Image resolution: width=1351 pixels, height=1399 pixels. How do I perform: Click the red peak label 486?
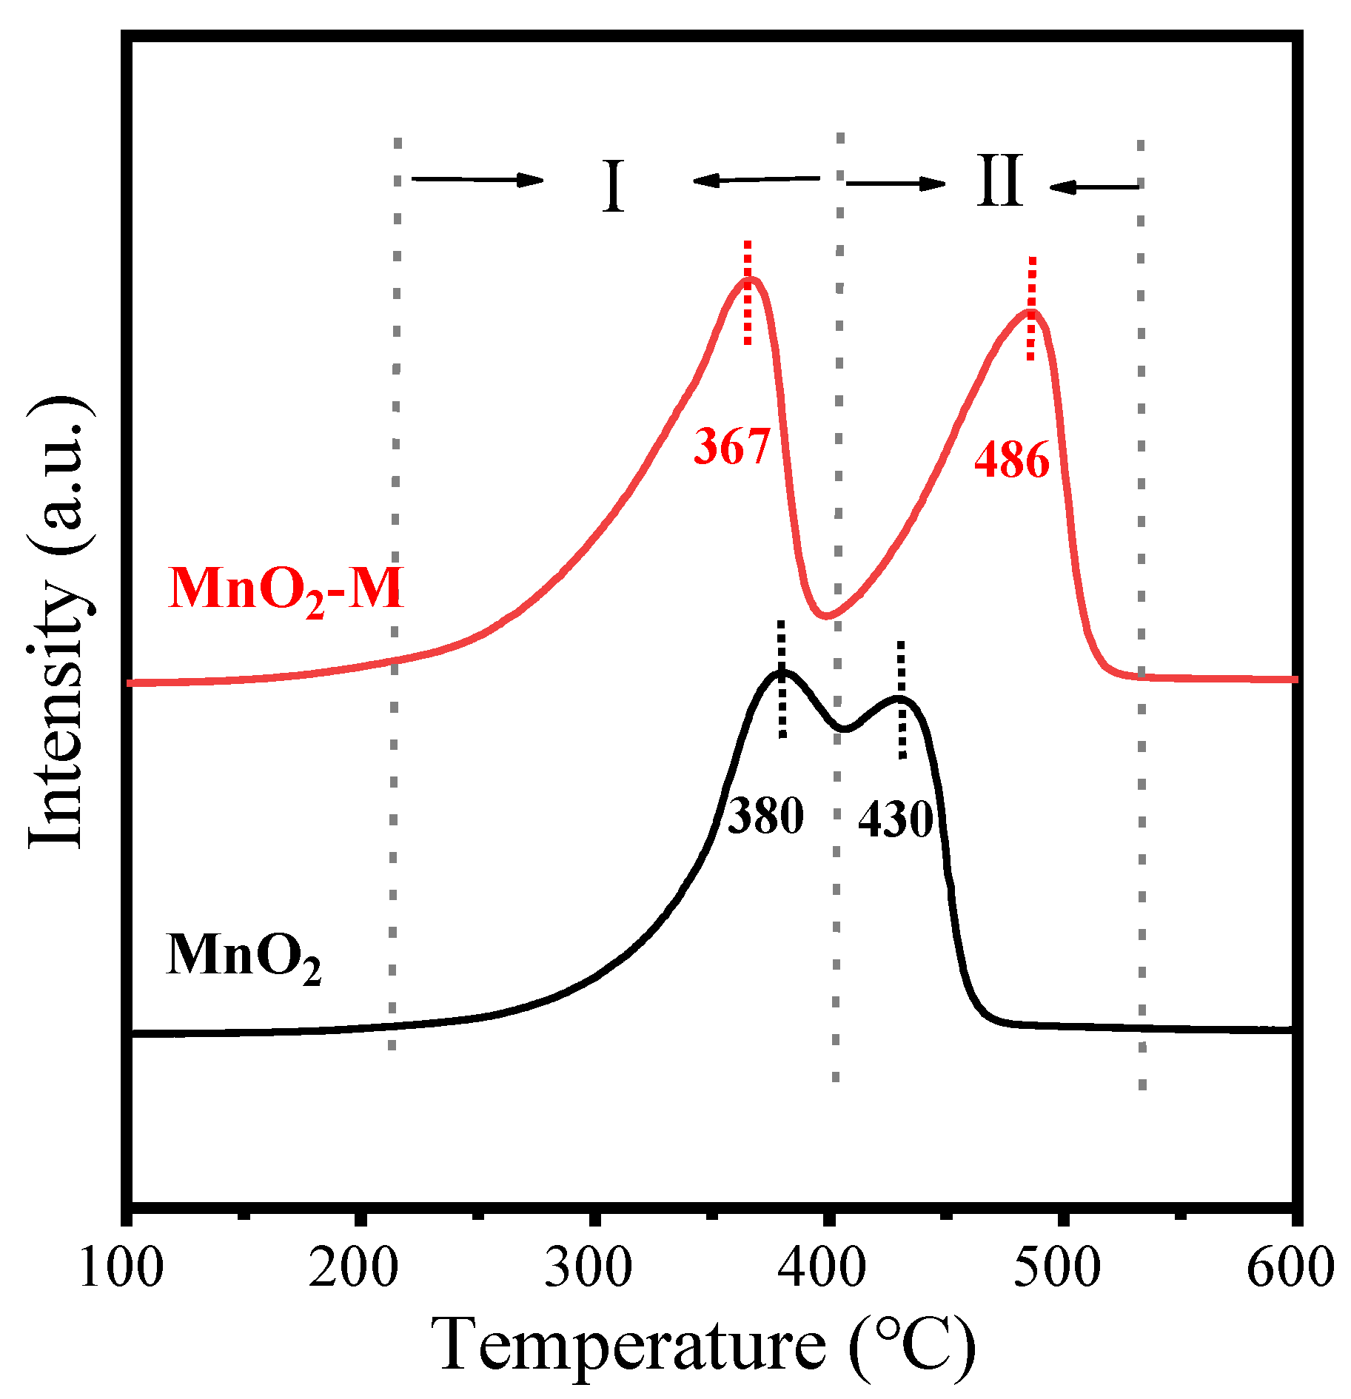click(1011, 460)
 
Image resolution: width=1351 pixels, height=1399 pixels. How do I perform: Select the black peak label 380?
click(765, 816)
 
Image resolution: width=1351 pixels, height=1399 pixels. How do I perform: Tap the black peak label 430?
click(895, 819)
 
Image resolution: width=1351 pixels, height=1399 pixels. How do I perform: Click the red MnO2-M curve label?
click(286, 590)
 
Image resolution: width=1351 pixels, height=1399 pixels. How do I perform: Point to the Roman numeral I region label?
click(613, 187)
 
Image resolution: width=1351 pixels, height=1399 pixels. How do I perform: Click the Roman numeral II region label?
click(999, 181)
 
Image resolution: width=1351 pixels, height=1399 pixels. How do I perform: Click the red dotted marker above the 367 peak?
click(748, 292)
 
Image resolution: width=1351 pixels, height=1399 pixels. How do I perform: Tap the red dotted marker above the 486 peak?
click(1031, 309)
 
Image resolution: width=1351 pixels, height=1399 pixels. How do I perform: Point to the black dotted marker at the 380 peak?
click(782, 680)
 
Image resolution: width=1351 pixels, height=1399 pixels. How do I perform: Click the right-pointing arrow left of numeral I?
click(477, 179)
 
